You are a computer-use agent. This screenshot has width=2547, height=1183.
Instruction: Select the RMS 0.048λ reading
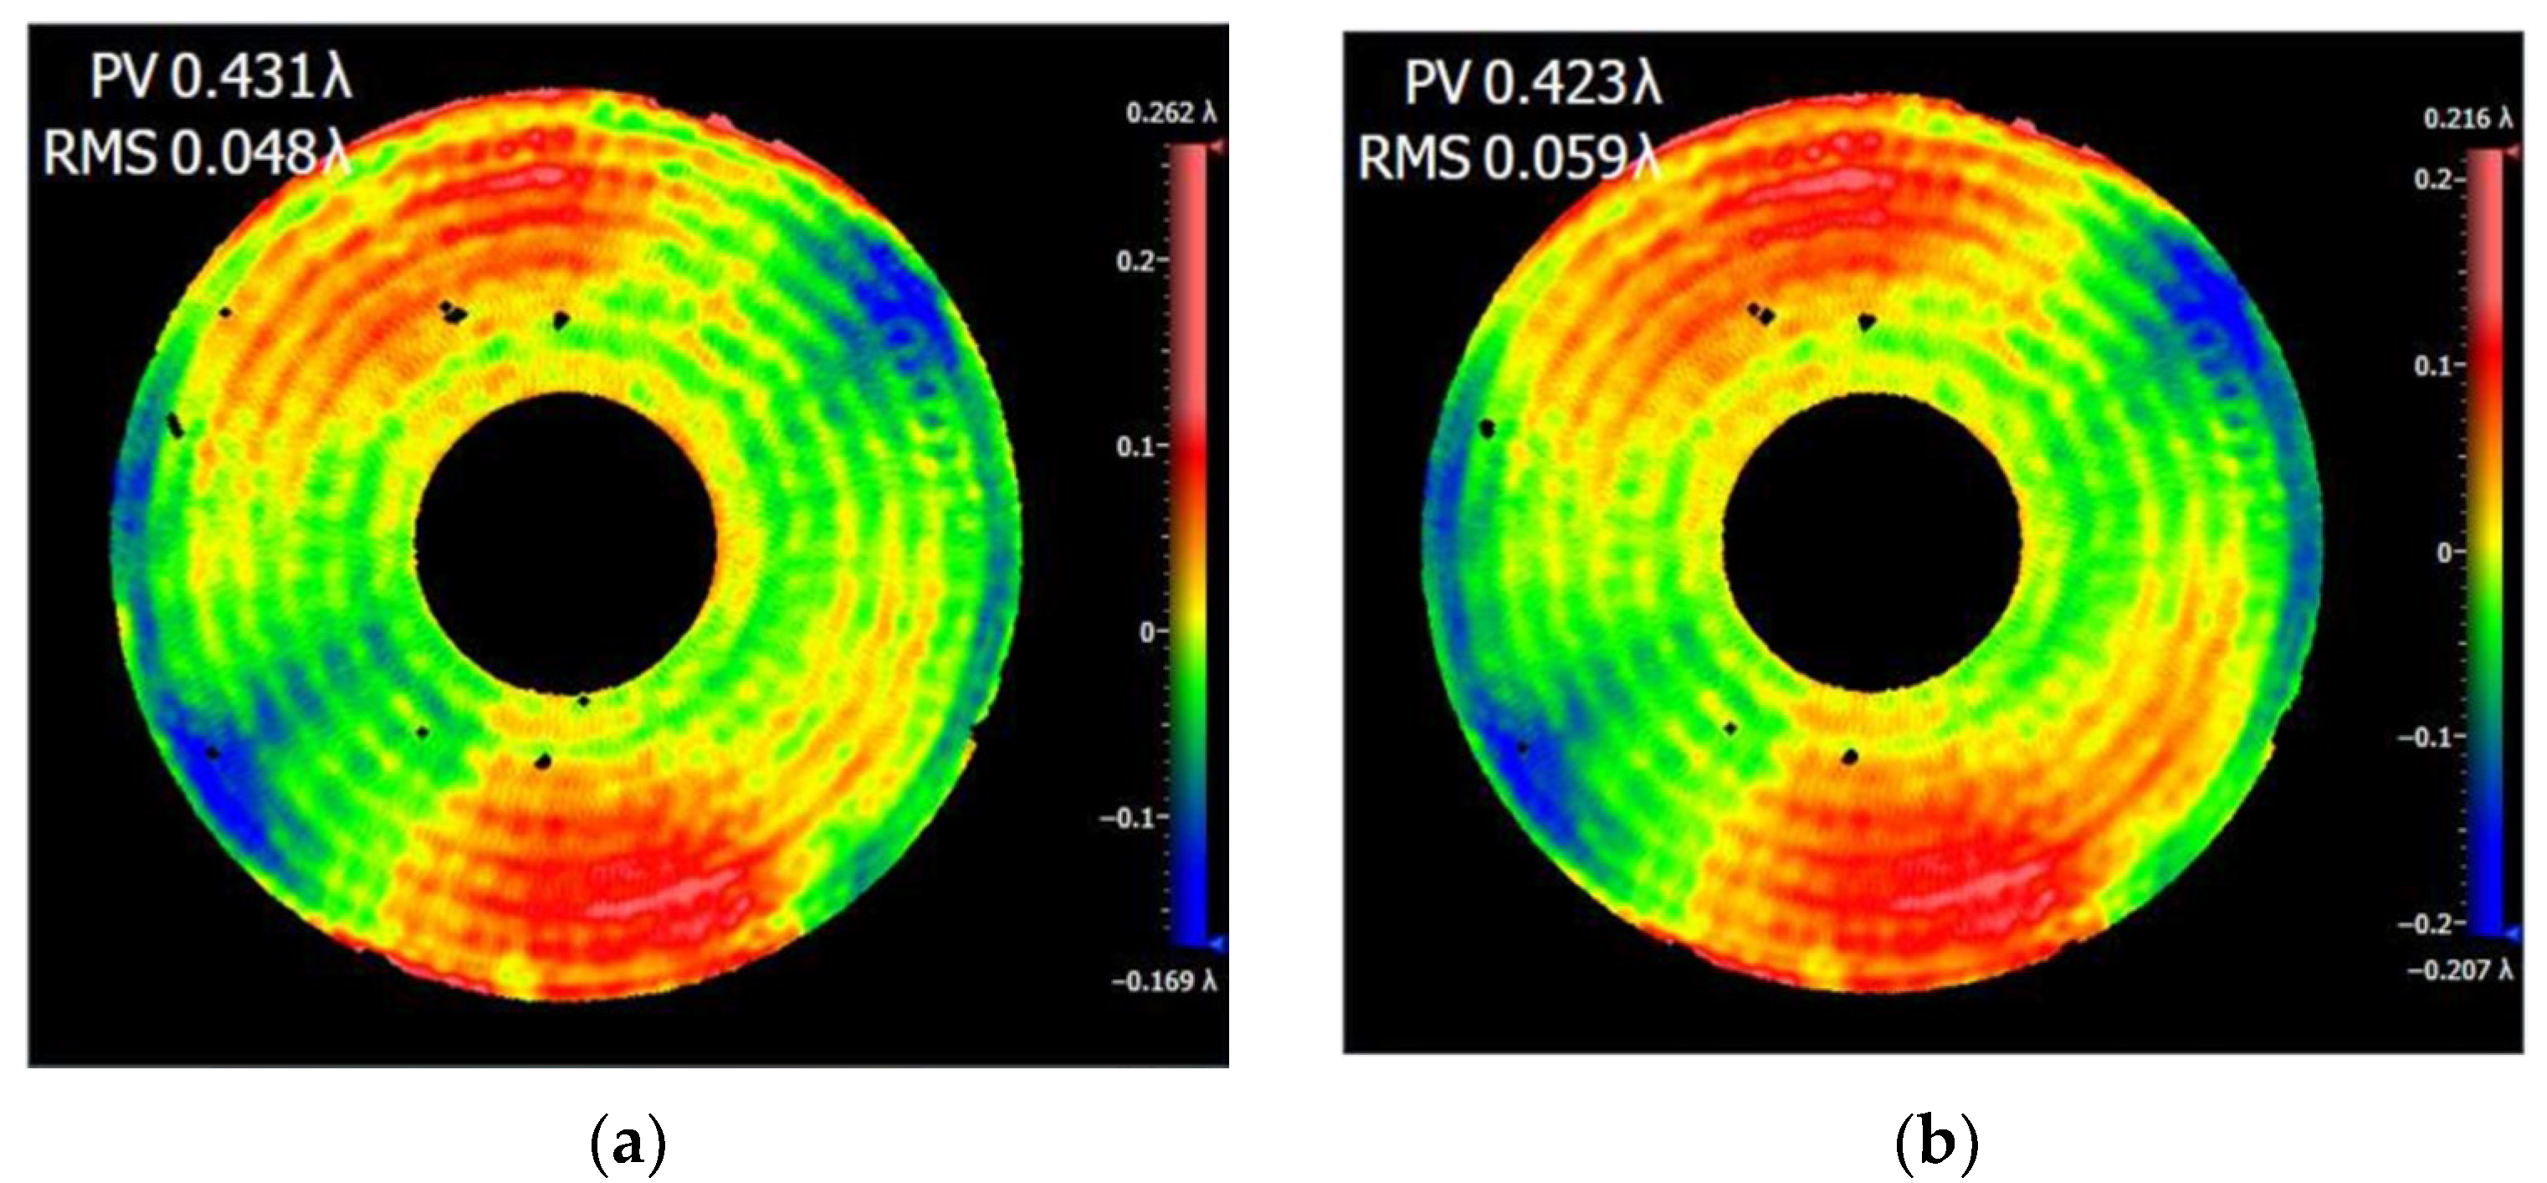tap(197, 154)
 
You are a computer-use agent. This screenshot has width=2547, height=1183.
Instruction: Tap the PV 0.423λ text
tap(1533, 82)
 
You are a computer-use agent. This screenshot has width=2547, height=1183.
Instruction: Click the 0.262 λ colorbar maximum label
tap(1171, 114)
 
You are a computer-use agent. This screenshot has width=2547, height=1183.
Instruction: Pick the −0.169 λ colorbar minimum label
tap(1164, 981)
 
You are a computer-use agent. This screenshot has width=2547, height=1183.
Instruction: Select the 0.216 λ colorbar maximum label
tap(2467, 119)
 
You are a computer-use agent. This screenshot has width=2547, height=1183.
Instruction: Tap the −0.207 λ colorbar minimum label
tap(2459, 970)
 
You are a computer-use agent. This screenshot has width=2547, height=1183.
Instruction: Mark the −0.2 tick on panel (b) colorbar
tap(2427, 923)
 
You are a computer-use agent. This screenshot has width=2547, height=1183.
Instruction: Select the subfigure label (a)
tap(627, 1144)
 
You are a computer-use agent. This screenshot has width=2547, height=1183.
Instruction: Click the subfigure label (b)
tap(1936, 1144)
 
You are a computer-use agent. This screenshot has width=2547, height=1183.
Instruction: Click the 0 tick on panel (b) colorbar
tap(2446, 552)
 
